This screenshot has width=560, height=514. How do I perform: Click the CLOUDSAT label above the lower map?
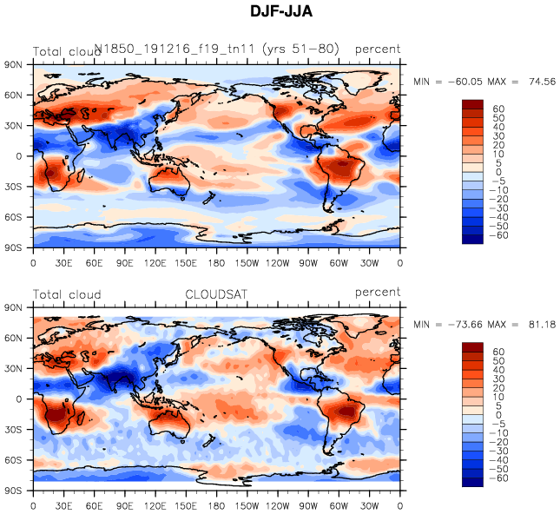point(216,294)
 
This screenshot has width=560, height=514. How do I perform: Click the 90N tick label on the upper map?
point(14,64)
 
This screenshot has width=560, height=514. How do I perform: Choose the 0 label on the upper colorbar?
point(497,172)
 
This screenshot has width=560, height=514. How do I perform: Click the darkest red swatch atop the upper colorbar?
point(472,104)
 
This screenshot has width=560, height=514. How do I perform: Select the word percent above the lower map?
point(378,293)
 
